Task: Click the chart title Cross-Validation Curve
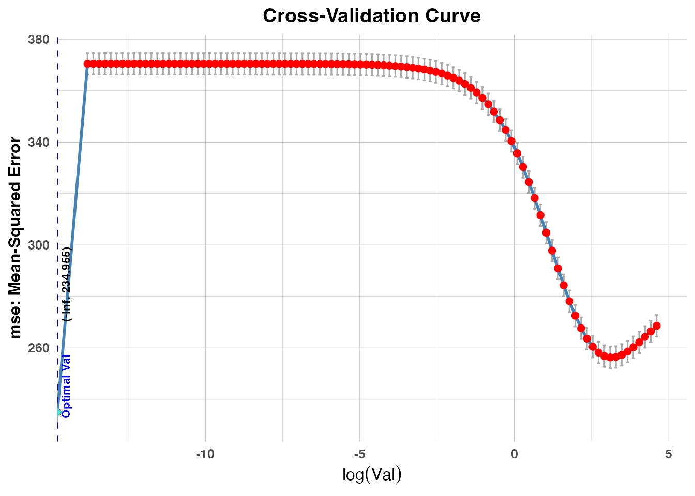[x=371, y=16]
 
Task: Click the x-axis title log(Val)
[x=371, y=474]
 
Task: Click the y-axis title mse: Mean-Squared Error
[x=16, y=238]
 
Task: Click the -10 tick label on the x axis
[x=205, y=454]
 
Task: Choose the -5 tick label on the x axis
[x=360, y=454]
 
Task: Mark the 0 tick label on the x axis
[x=514, y=454]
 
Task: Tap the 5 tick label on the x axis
[x=669, y=454]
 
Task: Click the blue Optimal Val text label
[x=66, y=386]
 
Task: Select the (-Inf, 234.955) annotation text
[x=66, y=284]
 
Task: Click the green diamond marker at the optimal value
[x=58, y=412]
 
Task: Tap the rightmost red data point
[x=656, y=326]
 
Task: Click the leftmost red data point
[x=87, y=64]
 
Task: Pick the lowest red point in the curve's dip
[x=611, y=357]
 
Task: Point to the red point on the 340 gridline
[x=511, y=141]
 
